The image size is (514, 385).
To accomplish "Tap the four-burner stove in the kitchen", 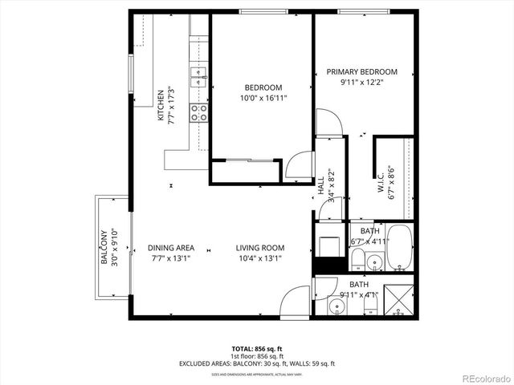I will (199, 113).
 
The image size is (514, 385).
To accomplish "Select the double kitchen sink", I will (198, 77).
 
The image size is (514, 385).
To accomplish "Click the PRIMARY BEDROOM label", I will (361, 72).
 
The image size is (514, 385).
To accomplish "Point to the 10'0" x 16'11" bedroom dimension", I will (263, 99).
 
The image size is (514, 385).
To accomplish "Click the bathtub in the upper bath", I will (401, 246).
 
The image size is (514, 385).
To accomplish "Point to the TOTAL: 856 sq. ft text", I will (256, 349).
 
